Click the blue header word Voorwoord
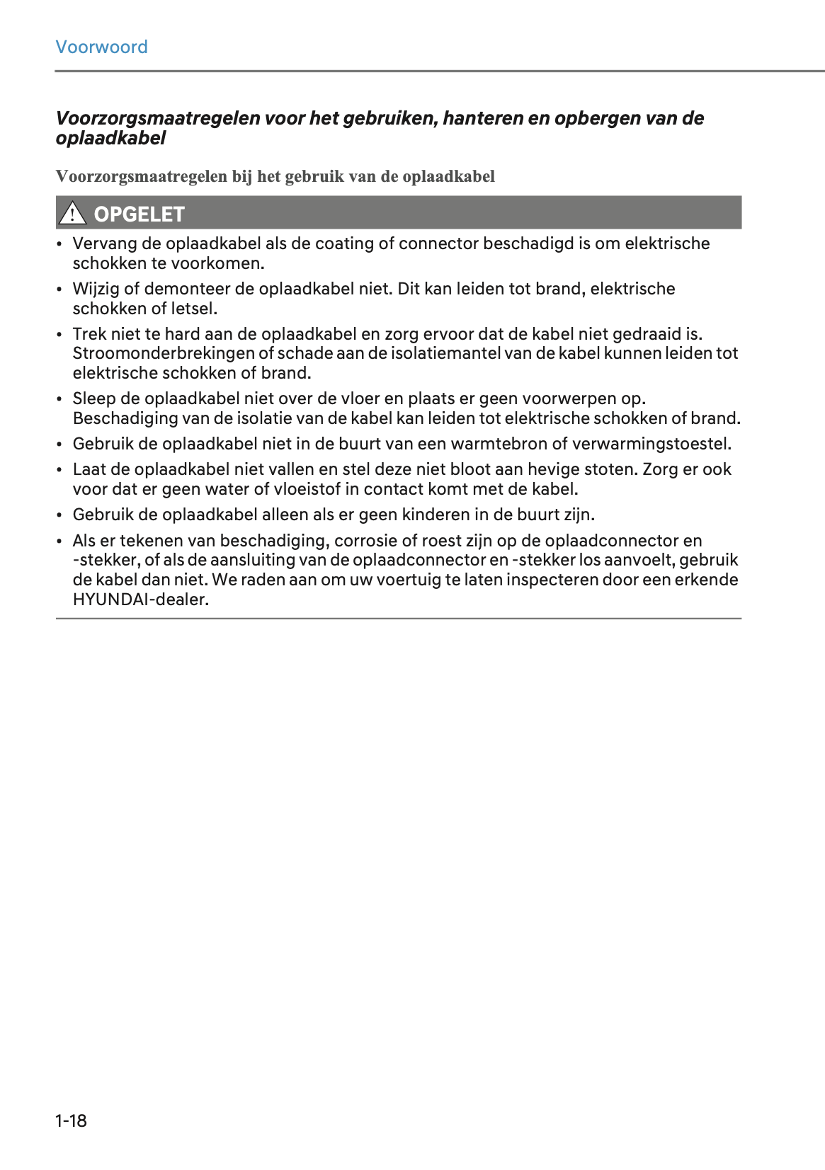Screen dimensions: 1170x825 (x=101, y=47)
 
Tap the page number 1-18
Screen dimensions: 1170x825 (x=71, y=1120)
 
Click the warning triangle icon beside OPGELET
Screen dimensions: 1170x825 (x=72, y=213)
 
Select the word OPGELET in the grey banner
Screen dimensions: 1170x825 (x=139, y=214)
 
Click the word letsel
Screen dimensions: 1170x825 (x=195, y=309)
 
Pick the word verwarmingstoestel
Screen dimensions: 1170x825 (x=651, y=444)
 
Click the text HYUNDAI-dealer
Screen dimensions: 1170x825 (x=140, y=600)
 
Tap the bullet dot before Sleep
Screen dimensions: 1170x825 (x=59, y=399)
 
